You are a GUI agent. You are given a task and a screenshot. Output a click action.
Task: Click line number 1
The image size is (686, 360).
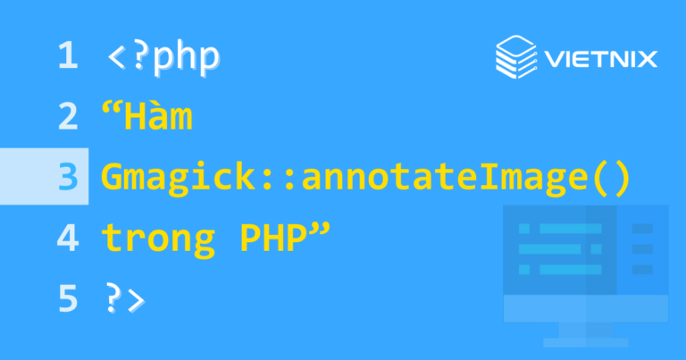(x=67, y=57)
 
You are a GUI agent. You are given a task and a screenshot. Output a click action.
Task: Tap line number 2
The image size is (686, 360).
(x=68, y=118)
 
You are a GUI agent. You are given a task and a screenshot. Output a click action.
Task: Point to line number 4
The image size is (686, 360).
(x=68, y=238)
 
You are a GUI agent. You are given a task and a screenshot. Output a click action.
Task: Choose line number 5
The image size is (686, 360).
(x=68, y=298)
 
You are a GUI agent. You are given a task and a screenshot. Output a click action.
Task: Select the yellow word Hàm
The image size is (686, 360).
(x=160, y=118)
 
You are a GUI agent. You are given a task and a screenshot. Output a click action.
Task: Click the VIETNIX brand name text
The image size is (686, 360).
(x=600, y=60)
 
